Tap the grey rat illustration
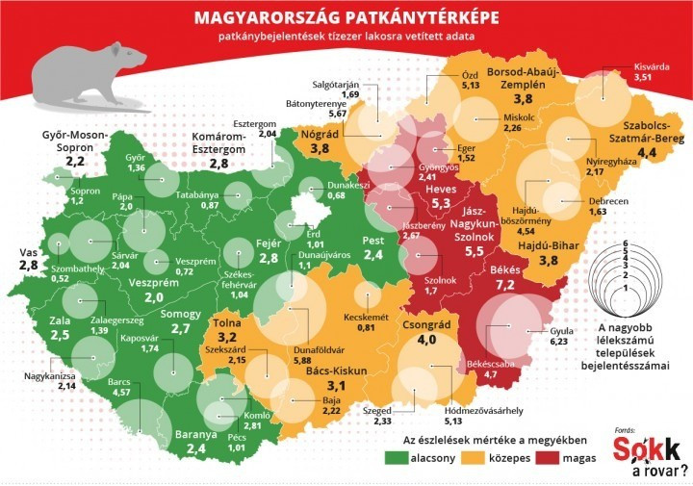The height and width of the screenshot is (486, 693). click(87, 74)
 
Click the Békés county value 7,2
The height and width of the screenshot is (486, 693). click(505, 287)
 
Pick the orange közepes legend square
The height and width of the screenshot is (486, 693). click(462, 457)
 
